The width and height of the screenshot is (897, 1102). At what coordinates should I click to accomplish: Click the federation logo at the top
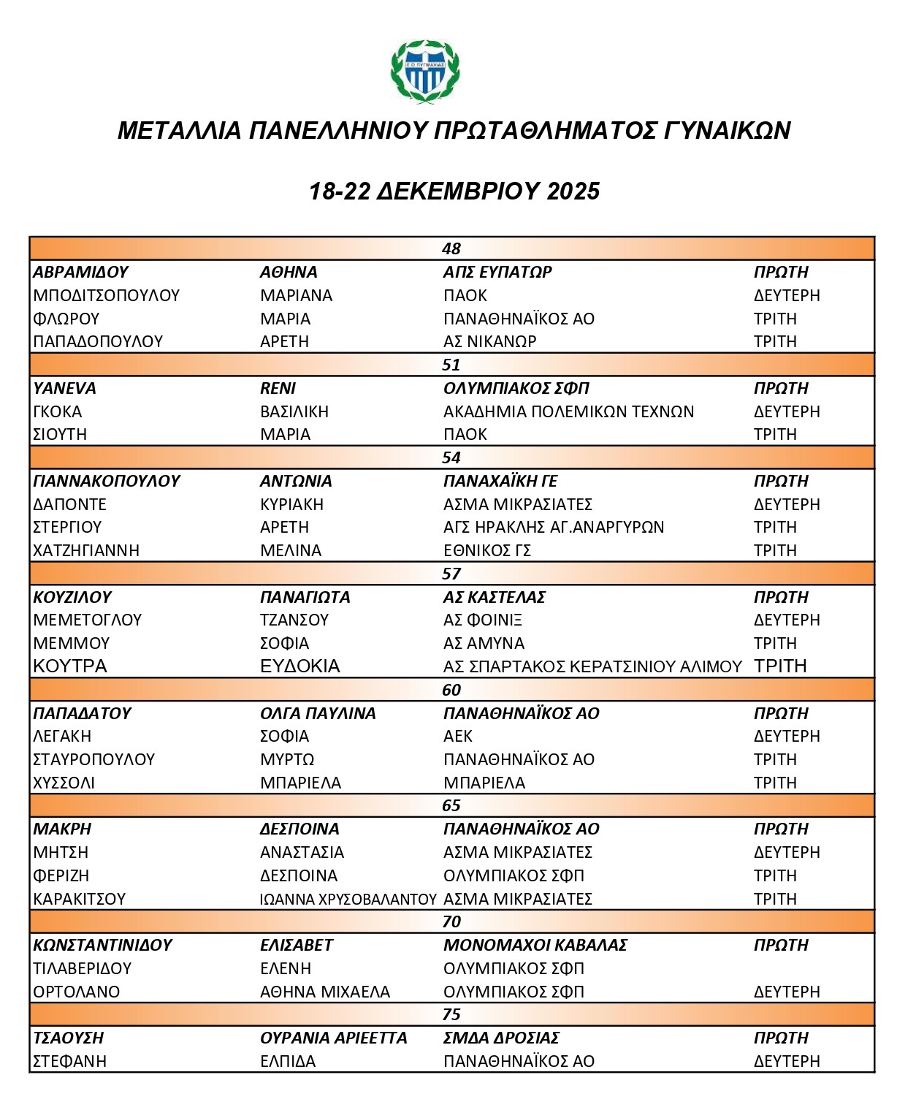click(x=425, y=72)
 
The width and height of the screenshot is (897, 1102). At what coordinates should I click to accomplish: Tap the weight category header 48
click(x=451, y=248)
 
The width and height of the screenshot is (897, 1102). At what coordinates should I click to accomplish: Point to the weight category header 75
click(x=451, y=1014)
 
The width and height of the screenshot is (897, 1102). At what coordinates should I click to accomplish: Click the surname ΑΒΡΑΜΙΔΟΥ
click(x=80, y=272)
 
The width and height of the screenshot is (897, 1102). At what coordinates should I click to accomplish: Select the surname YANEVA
click(x=64, y=388)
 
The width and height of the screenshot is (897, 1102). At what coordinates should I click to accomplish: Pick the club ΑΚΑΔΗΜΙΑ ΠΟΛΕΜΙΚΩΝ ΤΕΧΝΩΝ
click(x=568, y=411)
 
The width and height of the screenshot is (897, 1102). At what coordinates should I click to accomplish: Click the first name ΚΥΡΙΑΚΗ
click(x=291, y=504)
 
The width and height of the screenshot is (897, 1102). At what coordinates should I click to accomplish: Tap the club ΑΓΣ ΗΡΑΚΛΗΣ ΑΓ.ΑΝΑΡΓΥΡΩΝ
click(x=554, y=527)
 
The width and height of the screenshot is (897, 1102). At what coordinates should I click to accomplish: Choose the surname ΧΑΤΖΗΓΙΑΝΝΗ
click(x=86, y=550)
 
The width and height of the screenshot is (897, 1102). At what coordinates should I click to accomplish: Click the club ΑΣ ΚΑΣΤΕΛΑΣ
click(x=495, y=597)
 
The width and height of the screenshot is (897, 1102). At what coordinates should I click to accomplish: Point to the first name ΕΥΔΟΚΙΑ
click(x=300, y=666)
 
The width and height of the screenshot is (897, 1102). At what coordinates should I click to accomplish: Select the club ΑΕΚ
click(x=458, y=736)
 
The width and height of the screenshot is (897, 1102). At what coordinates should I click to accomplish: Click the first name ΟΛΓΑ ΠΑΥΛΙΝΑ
click(x=318, y=713)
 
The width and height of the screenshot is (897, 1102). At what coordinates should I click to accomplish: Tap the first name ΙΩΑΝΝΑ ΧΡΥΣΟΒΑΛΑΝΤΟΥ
click(x=348, y=899)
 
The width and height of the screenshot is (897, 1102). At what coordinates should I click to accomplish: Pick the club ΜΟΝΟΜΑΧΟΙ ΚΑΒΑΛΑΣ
click(x=535, y=945)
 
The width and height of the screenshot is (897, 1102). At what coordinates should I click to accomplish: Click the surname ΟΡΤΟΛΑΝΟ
click(x=77, y=992)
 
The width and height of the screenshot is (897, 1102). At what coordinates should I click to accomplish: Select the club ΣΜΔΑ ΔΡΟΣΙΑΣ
click(x=501, y=1038)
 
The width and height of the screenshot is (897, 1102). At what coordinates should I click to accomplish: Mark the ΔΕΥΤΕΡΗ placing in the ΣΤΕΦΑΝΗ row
click(x=787, y=1061)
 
